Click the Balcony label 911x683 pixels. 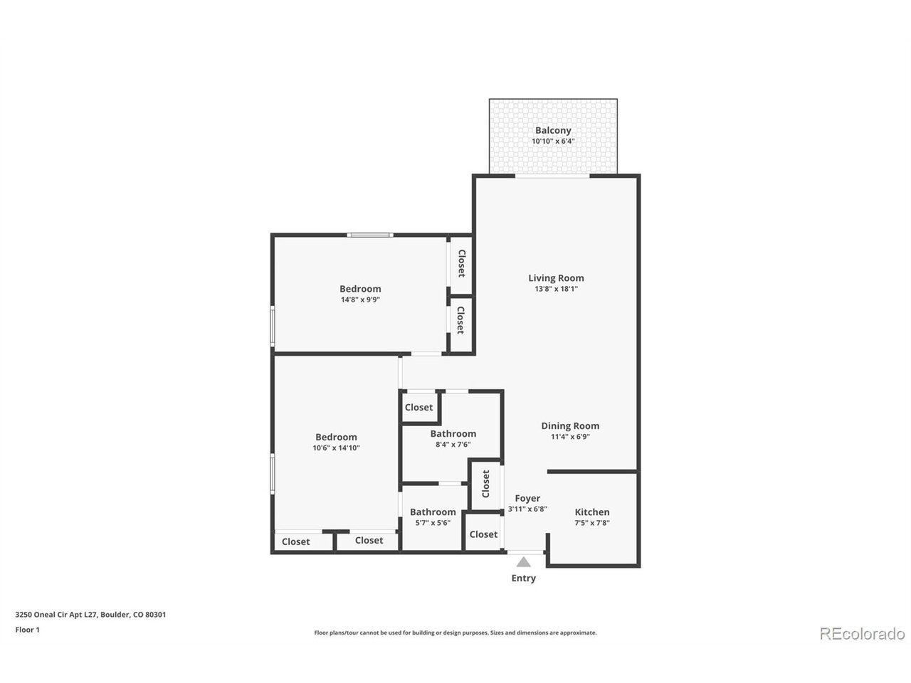(x=553, y=130)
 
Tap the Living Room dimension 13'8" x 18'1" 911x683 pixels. (x=556, y=289)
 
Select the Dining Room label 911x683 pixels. (x=570, y=426)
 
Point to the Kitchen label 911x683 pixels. (x=592, y=512)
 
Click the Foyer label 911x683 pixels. (x=527, y=499)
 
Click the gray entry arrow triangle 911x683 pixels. (x=523, y=562)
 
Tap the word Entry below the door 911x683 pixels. (x=523, y=578)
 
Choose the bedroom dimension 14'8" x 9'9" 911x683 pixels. (x=360, y=300)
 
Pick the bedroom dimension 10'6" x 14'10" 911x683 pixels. (x=336, y=448)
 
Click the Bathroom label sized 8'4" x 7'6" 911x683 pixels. (x=453, y=434)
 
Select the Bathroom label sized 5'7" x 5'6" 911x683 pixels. (x=433, y=512)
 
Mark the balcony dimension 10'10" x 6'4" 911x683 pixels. (x=553, y=142)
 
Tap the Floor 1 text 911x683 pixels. (x=27, y=630)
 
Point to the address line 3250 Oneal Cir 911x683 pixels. (x=90, y=615)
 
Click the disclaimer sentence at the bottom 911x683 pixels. (x=455, y=632)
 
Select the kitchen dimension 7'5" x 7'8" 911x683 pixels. (x=592, y=523)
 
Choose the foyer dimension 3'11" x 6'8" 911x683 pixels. (x=527, y=509)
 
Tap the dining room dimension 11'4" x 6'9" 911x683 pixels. (x=570, y=437)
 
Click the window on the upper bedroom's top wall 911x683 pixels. (x=370, y=235)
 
